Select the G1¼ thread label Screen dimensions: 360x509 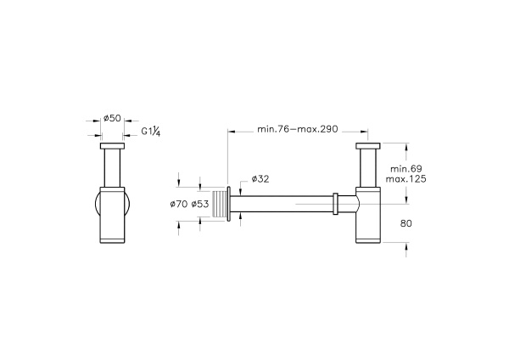[x=150, y=131]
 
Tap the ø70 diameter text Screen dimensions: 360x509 [x=178, y=204]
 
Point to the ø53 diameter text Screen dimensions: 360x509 [x=200, y=204]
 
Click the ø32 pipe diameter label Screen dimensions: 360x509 [x=260, y=179]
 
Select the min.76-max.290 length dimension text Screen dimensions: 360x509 [x=297, y=129]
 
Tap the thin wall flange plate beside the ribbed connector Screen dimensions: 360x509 [x=229, y=204]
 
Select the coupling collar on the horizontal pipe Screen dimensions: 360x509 [x=336, y=205]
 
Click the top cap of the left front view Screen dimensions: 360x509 [x=113, y=148]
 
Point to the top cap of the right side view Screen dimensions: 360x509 [x=367, y=148]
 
